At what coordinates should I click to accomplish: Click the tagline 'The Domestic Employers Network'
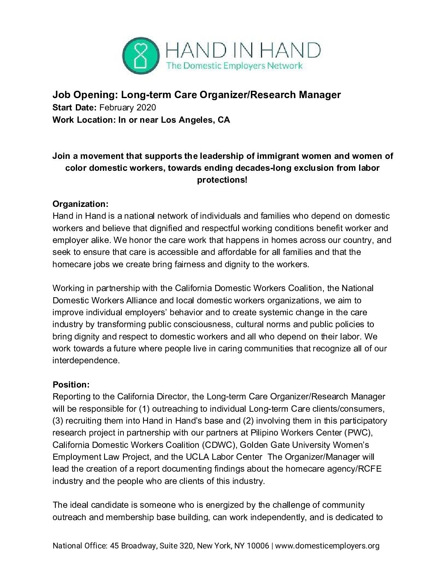click(x=234, y=65)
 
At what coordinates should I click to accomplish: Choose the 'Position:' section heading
click(x=71, y=385)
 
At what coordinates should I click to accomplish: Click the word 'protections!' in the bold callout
click(x=223, y=180)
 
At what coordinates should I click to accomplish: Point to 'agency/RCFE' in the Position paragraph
click(x=357, y=469)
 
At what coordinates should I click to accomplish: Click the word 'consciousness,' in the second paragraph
click(x=199, y=324)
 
